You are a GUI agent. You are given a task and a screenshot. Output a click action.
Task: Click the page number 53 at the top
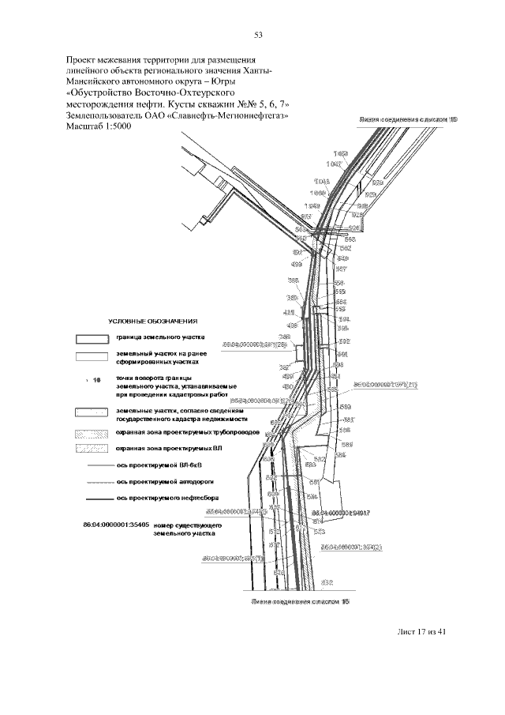pyautogui.click(x=258, y=34)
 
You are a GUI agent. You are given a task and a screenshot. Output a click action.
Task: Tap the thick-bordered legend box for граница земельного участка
pyautogui.click(x=91, y=339)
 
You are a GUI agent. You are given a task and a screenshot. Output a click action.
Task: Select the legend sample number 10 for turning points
pyautogui.click(x=97, y=380)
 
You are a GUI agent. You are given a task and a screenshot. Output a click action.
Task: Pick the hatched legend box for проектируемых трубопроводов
pyautogui.click(x=91, y=434)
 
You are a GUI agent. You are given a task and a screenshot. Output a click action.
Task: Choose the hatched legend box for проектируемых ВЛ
pyautogui.click(x=91, y=449)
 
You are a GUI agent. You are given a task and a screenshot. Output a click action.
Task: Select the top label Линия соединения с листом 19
pyautogui.click(x=407, y=118)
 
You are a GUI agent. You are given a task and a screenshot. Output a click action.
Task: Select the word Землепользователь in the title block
pyautogui.click(x=108, y=115)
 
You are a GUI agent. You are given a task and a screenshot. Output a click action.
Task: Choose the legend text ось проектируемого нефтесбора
pyautogui.click(x=169, y=499)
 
